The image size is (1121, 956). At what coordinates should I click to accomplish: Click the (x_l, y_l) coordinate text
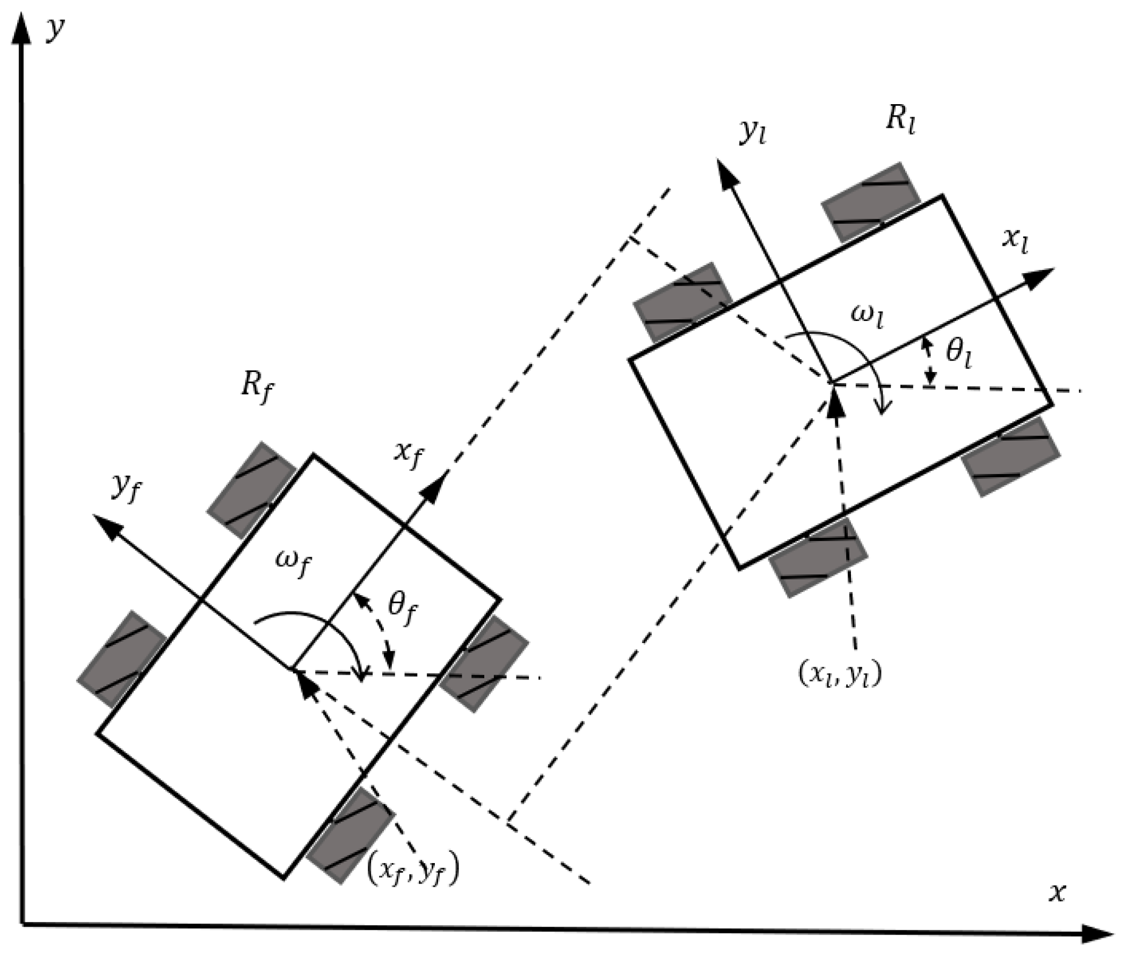(x=840, y=676)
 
